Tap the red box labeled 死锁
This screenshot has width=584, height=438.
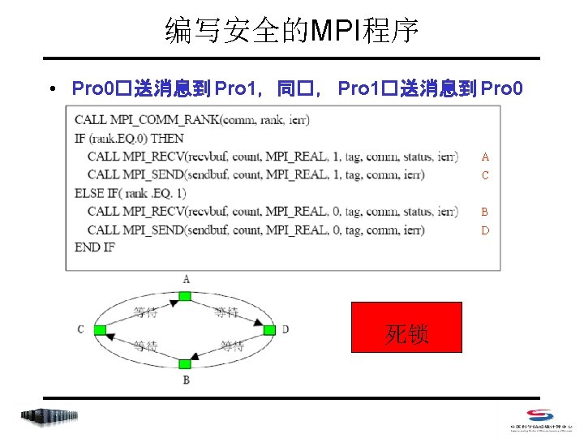click(406, 327)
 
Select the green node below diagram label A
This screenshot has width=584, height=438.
click(185, 296)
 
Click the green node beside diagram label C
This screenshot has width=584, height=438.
click(100, 330)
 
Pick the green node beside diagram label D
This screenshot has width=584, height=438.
click(270, 330)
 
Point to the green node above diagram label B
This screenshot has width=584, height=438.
click(185, 364)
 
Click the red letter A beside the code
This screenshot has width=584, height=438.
click(485, 157)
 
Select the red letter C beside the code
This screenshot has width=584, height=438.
click(485, 175)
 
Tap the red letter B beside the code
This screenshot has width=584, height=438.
click(485, 212)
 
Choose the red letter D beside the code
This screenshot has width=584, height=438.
click(485, 230)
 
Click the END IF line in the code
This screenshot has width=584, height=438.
click(95, 247)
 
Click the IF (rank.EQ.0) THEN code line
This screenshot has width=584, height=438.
click(129, 138)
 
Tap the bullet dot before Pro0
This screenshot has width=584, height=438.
click(51, 88)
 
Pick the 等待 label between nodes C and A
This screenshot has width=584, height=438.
click(146, 311)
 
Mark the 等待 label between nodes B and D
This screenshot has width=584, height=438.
click(232, 347)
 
